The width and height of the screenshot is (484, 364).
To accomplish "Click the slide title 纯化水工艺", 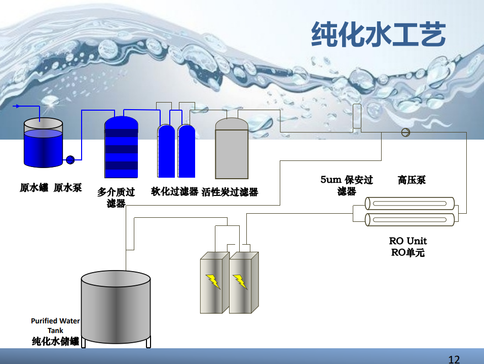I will click(378, 35).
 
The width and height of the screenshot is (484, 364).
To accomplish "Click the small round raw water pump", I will click(70, 160).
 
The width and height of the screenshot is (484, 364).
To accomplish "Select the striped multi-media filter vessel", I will click(121, 147).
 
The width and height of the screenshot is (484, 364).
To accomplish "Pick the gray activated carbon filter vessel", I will click(232, 149).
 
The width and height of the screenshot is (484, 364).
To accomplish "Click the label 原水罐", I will click(33, 188).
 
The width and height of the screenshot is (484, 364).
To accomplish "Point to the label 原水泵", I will click(67, 188).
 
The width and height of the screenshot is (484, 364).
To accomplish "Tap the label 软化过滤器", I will click(174, 191).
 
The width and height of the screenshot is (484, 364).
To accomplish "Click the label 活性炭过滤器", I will click(230, 192).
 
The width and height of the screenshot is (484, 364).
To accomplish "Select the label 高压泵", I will click(412, 180).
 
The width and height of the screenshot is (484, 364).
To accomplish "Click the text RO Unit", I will click(408, 241).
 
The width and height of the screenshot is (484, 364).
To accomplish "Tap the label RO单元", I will click(408, 252).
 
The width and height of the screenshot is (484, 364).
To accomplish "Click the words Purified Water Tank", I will click(55, 325).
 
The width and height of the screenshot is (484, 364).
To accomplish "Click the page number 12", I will click(454, 359).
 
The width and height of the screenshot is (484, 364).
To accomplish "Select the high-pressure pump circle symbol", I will click(405, 133).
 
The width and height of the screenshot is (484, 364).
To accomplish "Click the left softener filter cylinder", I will click(166, 151).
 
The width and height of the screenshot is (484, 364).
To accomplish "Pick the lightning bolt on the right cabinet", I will click(240, 281).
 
